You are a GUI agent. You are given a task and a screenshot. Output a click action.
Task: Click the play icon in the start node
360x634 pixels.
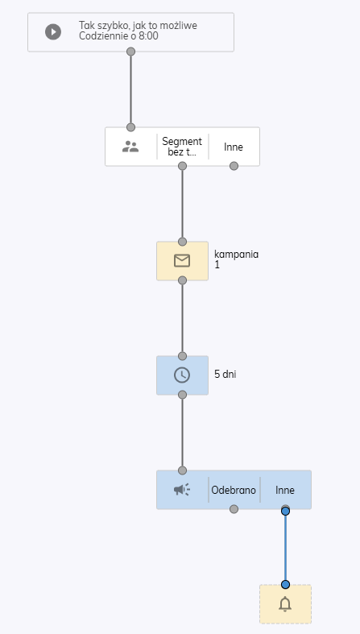pyautogui.click(x=53, y=32)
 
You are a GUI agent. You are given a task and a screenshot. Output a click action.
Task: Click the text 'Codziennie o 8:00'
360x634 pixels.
pyautogui.click(x=118, y=36)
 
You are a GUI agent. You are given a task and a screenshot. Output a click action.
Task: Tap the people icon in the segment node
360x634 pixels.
pyautogui.click(x=130, y=147)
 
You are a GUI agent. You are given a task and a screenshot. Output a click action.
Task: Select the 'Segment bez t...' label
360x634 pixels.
pyautogui.click(x=182, y=147)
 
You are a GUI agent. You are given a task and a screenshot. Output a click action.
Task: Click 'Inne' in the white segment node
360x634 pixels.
pyautogui.click(x=234, y=147)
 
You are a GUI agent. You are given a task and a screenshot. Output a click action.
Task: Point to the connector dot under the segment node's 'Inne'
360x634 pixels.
pyautogui.click(x=234, y=166)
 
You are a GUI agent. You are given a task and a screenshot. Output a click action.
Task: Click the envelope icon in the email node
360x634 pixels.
pyautogui.click(x=182, y=261)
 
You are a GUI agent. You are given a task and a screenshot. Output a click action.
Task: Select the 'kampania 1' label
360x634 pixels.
pyautogui.click(x=236, y=259)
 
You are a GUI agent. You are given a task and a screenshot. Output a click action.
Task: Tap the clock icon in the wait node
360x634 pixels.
pyautogui.click(x=182, y=375)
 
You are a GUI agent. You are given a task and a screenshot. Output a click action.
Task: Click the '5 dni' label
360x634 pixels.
pyautogui.click(x=225, y=374)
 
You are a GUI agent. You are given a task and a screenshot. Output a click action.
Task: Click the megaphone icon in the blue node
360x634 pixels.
pyautogui.click(x=182, y=490)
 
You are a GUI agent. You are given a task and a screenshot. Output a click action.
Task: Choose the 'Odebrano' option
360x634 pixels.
pyautogui.click(x=234, y=490)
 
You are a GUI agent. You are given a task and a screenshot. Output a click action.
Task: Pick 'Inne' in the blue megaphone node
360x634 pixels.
pyautogui.click(x=285, y=490)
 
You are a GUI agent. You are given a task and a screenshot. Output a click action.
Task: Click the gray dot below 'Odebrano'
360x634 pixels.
pyautogui.click(x=234, y=509)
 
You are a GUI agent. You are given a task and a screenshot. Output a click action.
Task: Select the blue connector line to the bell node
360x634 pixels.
pyautogui.click(x=285, y=548)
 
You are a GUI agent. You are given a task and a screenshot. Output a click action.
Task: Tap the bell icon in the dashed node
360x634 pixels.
pyautogui.click(x=285, y=604)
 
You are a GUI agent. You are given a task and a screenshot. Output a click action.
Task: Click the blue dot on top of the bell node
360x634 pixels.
pyautogui.click(x=285, y=584)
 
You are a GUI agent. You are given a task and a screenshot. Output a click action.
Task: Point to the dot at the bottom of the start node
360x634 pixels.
pyautogui.click(x=130, y=52)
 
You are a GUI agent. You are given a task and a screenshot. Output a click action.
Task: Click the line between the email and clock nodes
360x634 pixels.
pyautogui.click(x=182, y=318)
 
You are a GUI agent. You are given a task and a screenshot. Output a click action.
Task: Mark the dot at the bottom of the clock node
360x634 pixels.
pyautogui.click(x=182, y=395)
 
